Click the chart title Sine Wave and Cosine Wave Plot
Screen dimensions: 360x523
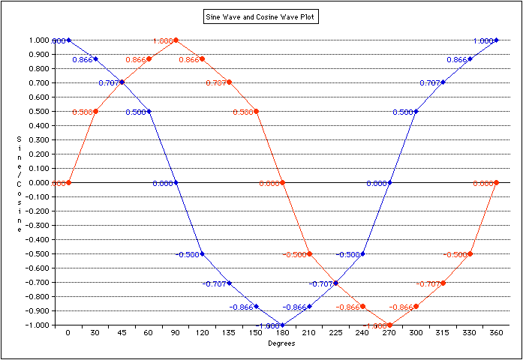[x=261, y=16]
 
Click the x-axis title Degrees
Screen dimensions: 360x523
[x=282, y=344]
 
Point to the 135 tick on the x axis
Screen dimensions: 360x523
[x=229, y=334]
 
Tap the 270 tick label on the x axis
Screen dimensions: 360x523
[x=389, y=334]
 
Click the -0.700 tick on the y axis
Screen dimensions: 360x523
[x=37, y=283]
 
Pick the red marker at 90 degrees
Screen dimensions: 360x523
[x=176, y=40]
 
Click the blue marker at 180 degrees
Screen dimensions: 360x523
[x=283, y=325]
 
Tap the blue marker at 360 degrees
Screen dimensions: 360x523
[x=497, y=40]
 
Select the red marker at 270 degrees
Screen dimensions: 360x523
[x=389, y=325]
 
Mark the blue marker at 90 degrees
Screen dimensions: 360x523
[x=176, y=182]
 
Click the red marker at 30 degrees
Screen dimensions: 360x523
[x=95, y=111]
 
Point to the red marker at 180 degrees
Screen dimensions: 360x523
[x=283, y=182]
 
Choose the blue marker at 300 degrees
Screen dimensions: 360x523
[x=416, y=111]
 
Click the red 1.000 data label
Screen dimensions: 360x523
[x=162, y=40]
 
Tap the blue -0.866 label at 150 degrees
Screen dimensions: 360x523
[x=242, y=307]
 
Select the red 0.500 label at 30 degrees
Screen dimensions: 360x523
[x=82, y=112]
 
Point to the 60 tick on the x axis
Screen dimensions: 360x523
[x=149, y=334]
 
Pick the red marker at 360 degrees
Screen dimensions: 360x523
[x=497, y=182]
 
